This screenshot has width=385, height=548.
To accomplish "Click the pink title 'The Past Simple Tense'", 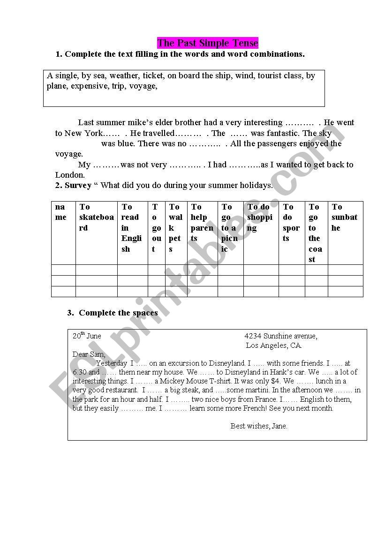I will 208,43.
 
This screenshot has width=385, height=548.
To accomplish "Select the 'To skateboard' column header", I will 96,218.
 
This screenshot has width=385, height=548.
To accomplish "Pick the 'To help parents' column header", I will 202,223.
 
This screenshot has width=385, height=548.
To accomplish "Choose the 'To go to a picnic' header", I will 230,228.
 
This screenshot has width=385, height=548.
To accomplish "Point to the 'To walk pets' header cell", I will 176,228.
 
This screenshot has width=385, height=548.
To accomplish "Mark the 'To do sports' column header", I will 291,223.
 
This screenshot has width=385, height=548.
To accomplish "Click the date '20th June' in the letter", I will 87,336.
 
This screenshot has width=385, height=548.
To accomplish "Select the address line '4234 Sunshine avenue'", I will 281,336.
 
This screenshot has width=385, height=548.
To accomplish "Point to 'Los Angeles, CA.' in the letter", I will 274,345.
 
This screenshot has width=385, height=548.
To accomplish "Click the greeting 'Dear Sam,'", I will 89,354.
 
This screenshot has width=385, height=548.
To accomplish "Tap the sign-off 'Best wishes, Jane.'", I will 259,426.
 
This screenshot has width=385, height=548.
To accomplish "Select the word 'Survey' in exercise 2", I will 78,185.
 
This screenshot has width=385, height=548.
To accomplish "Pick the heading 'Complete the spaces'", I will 118,313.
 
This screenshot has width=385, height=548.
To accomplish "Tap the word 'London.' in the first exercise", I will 70,175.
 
